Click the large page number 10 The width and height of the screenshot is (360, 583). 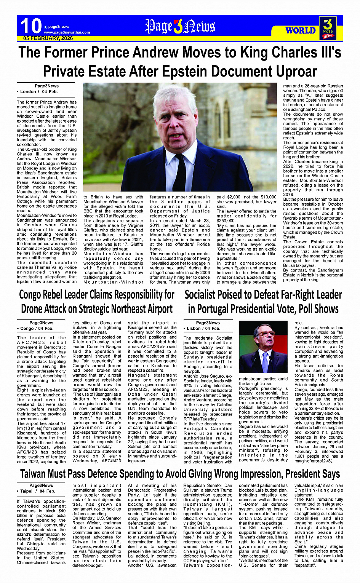point(30,26)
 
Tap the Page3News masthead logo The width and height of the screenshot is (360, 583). point(180,27)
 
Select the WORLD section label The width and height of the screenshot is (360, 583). point(301,30)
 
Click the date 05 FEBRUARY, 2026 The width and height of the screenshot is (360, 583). point(48,38)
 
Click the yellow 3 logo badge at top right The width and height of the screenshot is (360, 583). point(328,28)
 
